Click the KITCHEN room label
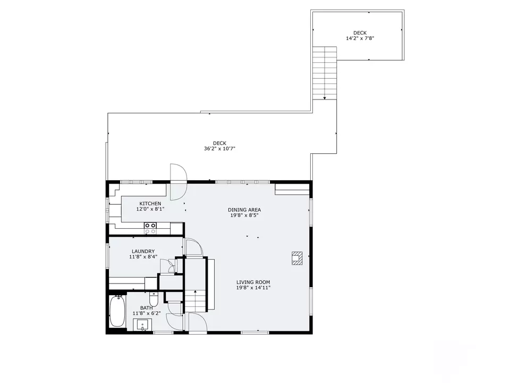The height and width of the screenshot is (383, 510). click(x=150, y=204)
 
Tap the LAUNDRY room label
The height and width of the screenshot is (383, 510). click(x=143, y=252)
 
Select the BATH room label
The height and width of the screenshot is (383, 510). click(x=147, y=308)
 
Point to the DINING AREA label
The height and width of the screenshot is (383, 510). click(x=244, y=210)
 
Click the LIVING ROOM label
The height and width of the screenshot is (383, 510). click(x=253, y=282)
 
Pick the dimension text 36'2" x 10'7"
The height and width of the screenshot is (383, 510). click(x=219, y=148)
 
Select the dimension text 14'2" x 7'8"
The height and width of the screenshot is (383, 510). click(x=360, y=38)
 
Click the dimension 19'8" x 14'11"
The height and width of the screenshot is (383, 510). click(x=253, y=288)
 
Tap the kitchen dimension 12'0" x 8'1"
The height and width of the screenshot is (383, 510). click(x=150, y=209)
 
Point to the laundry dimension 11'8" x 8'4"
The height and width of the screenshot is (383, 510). click(x=143, y=256)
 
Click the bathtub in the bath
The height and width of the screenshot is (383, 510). click(x=117, y=311)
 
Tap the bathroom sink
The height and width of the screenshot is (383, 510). click(x=142, y=324)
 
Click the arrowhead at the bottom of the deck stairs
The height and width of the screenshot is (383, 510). click(x=325, y=98)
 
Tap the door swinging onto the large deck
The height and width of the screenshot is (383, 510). click(x=179, y=172)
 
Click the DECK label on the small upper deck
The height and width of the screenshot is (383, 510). click(x=360, y=33)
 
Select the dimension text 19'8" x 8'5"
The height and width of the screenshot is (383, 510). click(x=244, y=215)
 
